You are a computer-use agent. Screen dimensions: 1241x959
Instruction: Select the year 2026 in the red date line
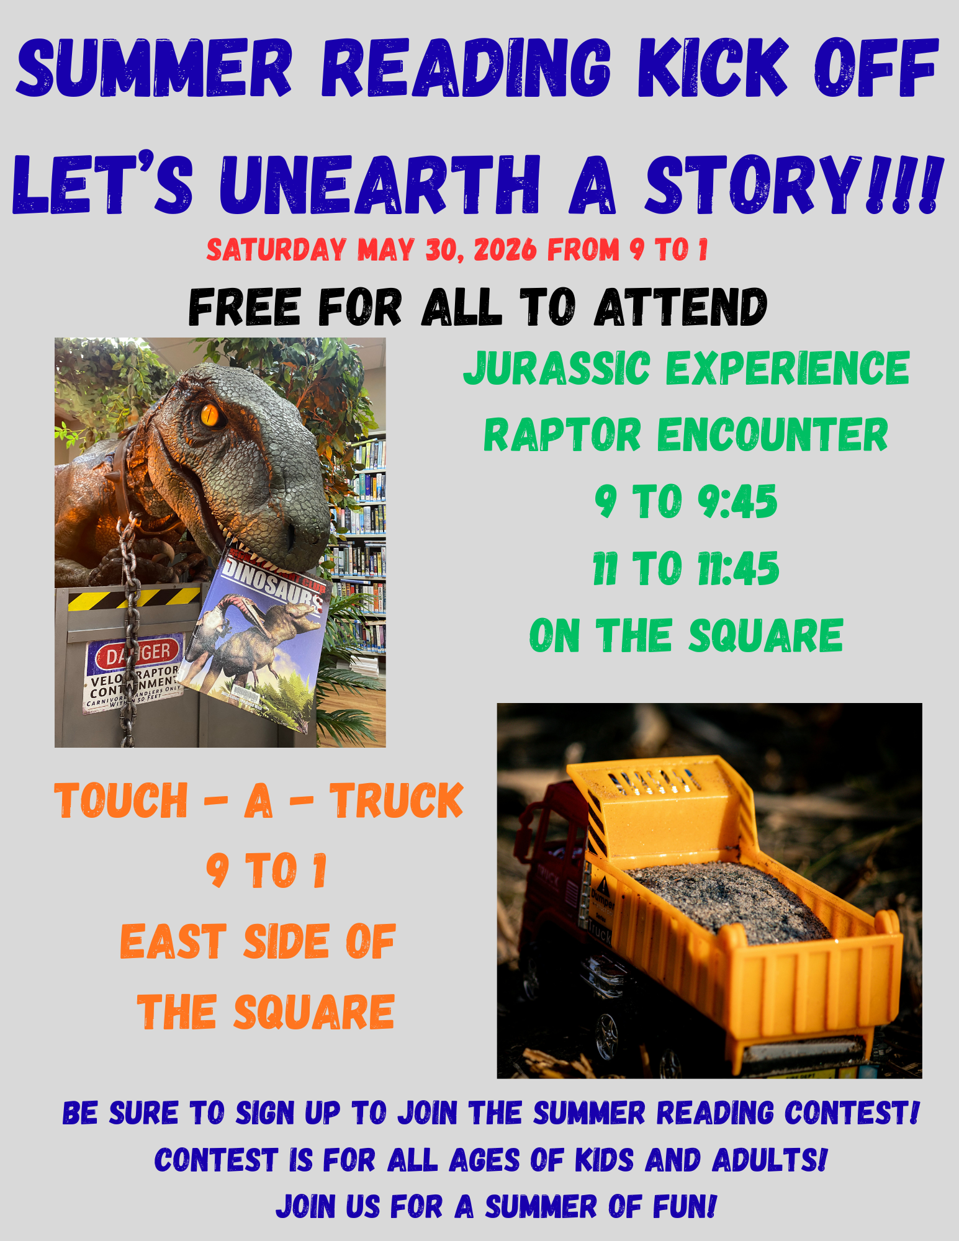coord(505,249)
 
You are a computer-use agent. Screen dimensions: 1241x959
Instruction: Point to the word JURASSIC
coord(556,368)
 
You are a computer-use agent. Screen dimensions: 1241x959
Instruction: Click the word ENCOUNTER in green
coord(772,435)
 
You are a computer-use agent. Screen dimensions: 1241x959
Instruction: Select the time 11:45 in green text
coord(737,568)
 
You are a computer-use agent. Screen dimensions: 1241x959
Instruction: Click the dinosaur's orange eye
coord(210,414)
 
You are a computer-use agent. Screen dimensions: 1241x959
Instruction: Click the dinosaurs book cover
coord(261,639)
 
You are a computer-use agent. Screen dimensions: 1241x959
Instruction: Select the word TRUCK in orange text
coord(396,800)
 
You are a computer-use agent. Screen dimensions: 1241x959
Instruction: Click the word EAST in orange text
coord(173,941)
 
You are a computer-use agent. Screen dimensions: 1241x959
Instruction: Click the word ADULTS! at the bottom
coord(769,1160)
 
